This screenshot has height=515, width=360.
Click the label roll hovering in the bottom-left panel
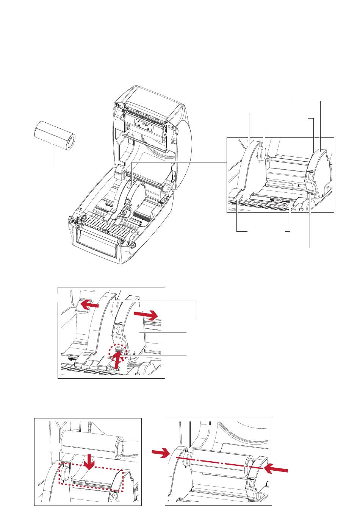coord(92,443)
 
